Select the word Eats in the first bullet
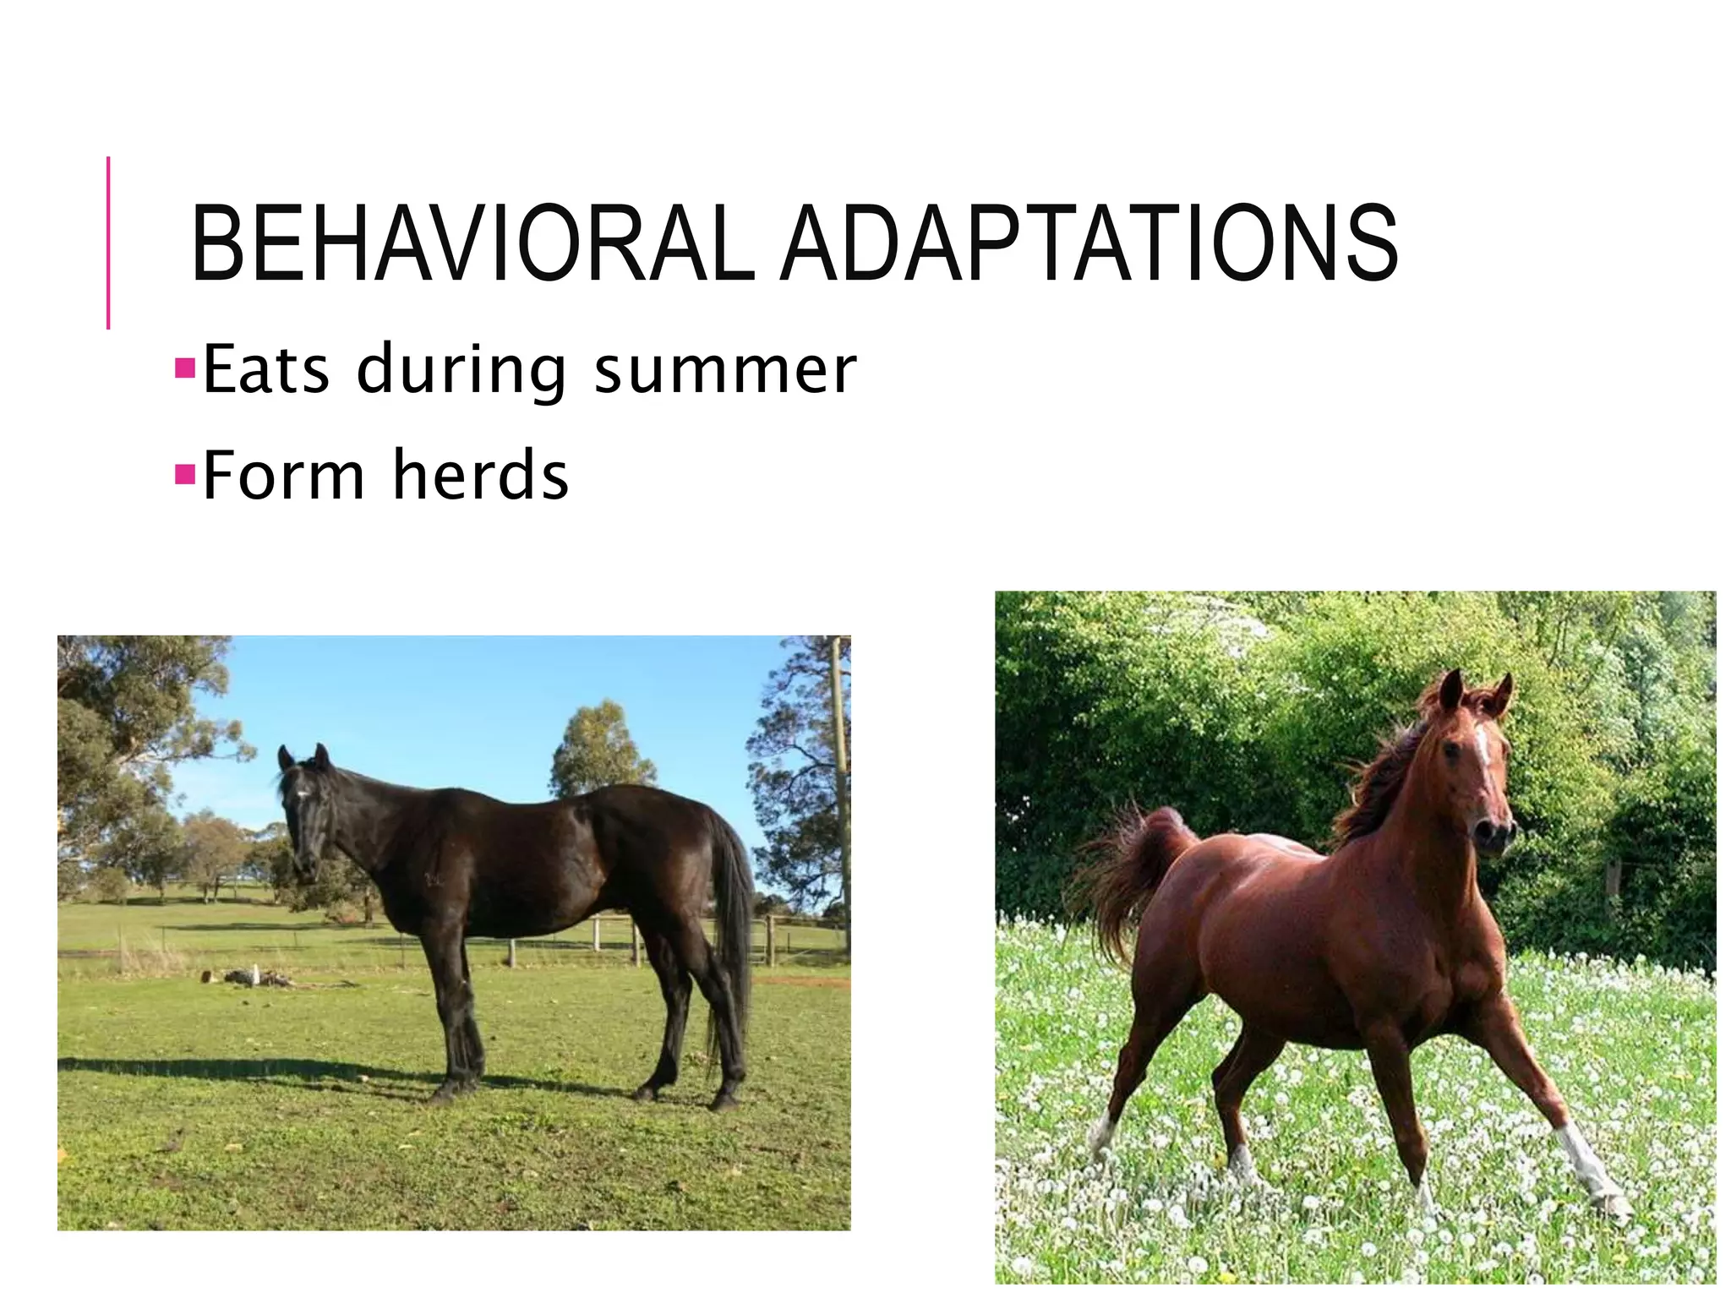266,369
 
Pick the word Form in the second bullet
283,476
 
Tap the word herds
481,476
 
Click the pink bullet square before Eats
184,368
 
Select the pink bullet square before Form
184,474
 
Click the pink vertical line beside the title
108,243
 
